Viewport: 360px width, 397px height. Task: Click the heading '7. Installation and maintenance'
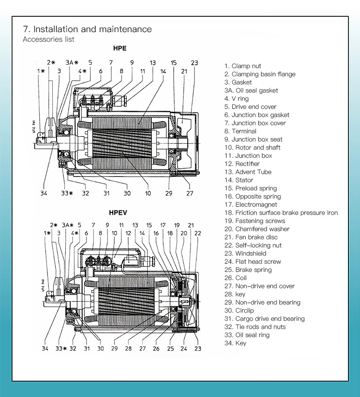point(87,29)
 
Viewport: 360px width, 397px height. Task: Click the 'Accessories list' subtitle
point(48,39)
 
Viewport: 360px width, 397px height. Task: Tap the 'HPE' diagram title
point(120,48)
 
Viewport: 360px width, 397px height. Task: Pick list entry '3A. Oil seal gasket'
point(251,91)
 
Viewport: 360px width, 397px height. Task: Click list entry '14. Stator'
point(239,180)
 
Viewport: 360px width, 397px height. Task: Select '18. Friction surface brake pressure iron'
point(281,213)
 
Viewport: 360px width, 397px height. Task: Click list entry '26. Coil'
point(235,278)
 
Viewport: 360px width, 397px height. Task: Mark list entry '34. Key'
point(235,343)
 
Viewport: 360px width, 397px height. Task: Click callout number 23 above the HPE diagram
point(194,63)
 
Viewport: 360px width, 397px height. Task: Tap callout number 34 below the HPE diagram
point(44,193)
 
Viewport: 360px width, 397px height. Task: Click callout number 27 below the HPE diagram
point(190,193)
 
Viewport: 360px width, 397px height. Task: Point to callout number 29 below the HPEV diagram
point(115,349)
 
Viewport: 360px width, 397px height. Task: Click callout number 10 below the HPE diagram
point(148,193)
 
